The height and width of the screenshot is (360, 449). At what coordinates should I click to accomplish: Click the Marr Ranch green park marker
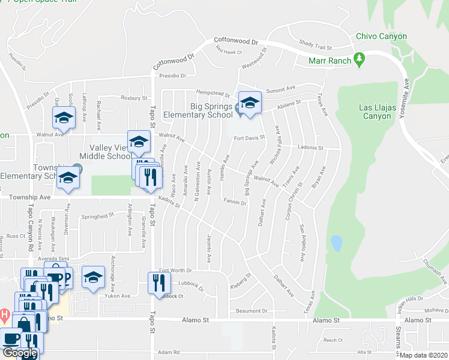point(360,59)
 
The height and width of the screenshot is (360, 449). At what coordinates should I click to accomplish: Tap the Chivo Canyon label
point(381,37)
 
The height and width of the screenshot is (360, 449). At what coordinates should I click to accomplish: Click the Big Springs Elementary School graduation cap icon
point(250,102)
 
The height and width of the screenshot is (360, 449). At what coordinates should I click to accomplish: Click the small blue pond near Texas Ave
point(336,243)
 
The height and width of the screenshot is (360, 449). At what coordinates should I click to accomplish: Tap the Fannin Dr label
point(235,202)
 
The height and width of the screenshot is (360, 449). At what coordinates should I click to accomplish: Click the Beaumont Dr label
point(252,311)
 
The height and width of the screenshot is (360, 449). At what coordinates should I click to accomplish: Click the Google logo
point(20,353)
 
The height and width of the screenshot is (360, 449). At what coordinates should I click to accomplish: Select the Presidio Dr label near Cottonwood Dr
point(173,76)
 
